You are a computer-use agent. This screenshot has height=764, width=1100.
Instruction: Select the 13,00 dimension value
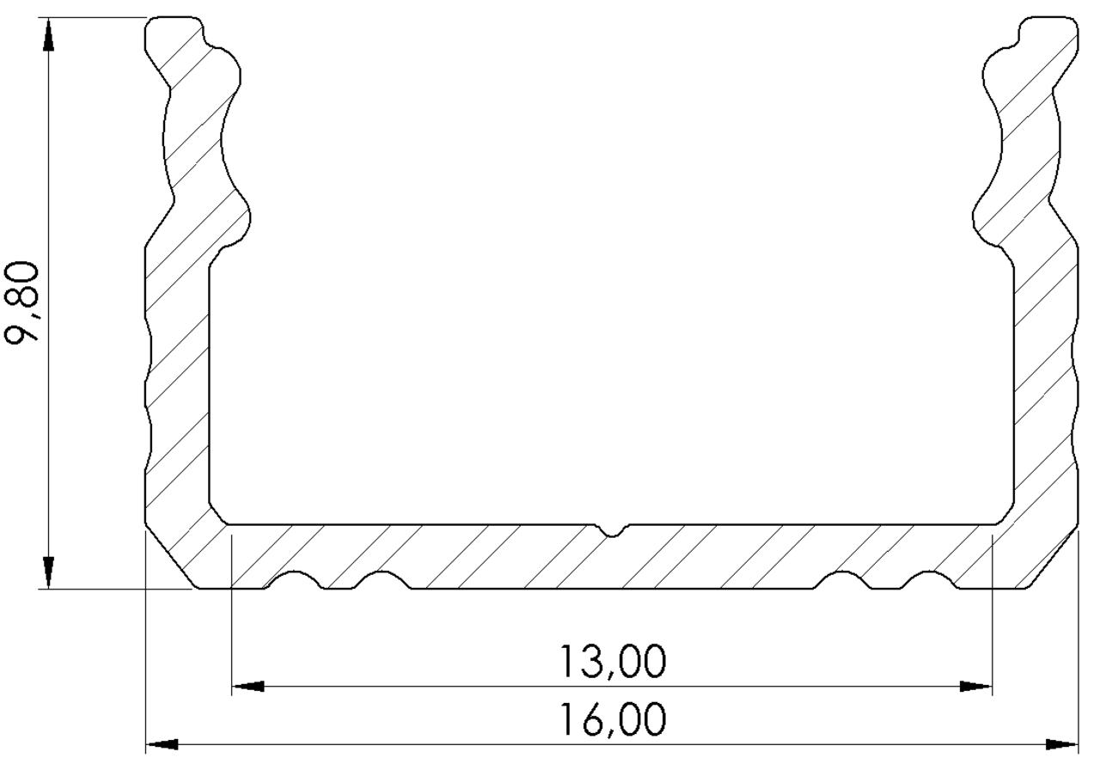[x=612, y=663]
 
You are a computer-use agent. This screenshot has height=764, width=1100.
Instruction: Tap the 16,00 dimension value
[x=612, y=719]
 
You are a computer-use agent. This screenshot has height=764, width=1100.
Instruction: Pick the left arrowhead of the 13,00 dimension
[x=248, y=687]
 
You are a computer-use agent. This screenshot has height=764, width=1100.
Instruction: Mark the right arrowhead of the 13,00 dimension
[x=976, y=687]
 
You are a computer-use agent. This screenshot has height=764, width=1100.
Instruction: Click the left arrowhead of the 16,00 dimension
[x=162, y=743]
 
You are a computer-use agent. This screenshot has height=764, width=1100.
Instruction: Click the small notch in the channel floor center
[x=612, y=530]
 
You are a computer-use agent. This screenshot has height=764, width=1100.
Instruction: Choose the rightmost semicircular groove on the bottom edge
[x=928, y=581]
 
